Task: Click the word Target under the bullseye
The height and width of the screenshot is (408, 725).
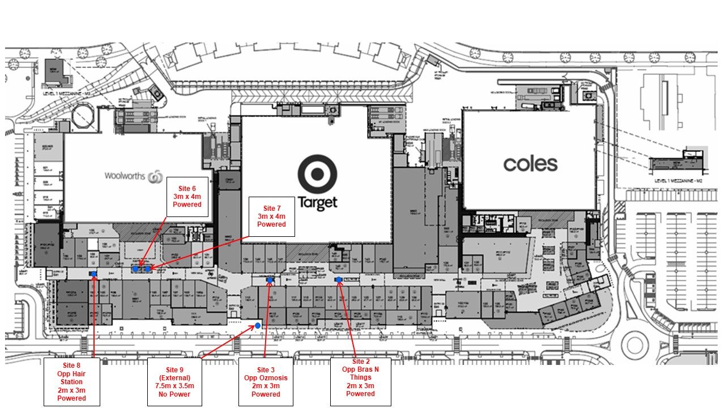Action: coord(318,202)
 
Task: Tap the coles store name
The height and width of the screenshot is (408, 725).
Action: coord(530,164)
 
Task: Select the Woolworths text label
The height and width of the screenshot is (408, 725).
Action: coord(125,176)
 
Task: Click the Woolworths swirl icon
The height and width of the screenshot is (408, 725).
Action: coord(155,177)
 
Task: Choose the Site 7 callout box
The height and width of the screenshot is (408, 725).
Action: coord(272,216)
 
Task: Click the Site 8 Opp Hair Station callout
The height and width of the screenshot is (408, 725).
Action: coord(72,382)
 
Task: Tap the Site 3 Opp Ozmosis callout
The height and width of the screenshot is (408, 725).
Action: coord(266,382)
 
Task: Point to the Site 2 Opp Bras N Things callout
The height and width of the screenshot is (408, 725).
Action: coord(361,381)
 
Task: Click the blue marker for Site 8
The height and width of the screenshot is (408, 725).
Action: coord(93,274)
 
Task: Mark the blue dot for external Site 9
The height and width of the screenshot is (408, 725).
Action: coord(258,325)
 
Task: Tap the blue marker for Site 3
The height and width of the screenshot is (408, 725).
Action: coord(270,279)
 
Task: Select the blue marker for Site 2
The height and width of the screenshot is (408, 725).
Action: coord(338,279)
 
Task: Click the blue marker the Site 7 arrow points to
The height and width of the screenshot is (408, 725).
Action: coord(148,269)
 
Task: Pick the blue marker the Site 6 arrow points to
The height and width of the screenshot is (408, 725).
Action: coord(136,269)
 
